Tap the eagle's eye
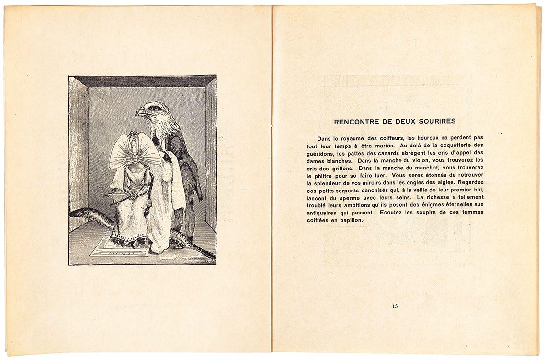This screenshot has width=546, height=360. click(x=150, y=109)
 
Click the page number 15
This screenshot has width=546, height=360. click(x=395, y=306)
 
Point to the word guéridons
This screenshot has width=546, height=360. click(x=322, y=153)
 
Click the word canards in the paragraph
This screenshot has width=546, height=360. click(x=387, y=153)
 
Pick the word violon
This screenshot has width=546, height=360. click(x=415, y=160)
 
